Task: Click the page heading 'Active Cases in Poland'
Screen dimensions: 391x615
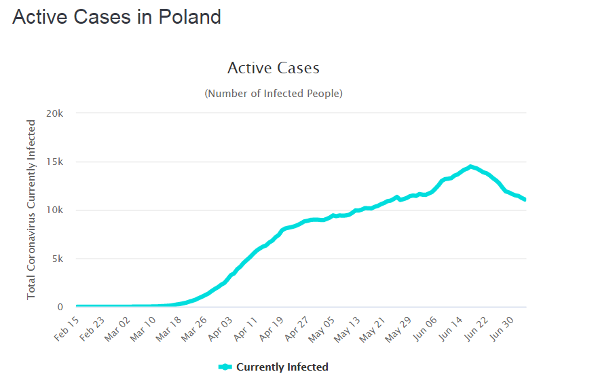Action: [x=117, y=17]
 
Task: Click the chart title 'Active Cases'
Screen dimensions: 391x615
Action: [x=273, y=68]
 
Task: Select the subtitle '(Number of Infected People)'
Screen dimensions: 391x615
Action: [x=273, y=93]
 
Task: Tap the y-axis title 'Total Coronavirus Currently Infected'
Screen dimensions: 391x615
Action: [x=31, y=209]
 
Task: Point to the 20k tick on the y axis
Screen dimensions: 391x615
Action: [x=54, y=113]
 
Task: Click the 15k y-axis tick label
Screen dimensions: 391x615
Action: [x=54, y=162]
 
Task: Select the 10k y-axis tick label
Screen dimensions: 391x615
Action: [x=54, y=210]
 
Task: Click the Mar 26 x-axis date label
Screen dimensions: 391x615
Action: [x=193, y=329]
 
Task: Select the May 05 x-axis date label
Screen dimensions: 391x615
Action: [x=322, y=329]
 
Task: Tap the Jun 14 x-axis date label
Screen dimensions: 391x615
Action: [x=450, y=329]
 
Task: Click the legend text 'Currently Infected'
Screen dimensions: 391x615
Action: [x=282, y=367]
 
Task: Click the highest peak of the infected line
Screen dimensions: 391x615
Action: [x=470, y=166]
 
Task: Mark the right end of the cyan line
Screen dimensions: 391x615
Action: [x=525, y=200]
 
